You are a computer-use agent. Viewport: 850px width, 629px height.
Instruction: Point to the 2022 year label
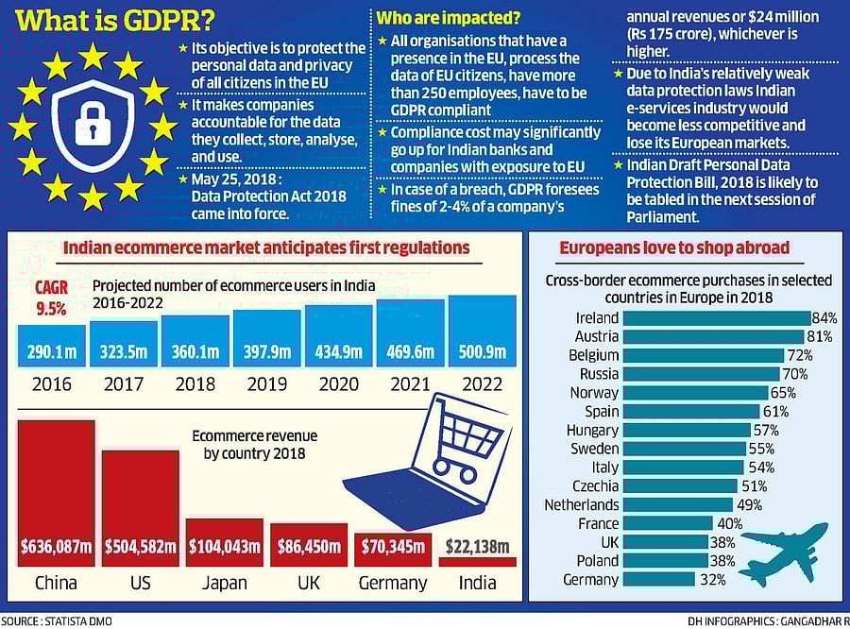pos(482,384)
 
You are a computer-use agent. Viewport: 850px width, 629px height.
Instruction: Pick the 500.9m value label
pos(482,352)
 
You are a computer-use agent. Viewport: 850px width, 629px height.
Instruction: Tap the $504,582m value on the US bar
pos(140,546)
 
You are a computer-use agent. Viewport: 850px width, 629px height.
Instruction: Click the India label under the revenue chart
pos(477,582)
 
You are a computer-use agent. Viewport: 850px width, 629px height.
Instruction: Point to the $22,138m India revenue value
pos(477,546)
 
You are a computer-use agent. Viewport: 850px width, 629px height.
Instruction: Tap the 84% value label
pos(824,318)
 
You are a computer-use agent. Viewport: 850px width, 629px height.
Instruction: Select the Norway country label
pos(595,393)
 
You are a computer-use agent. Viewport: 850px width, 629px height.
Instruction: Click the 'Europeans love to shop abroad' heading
pos(675,248)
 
